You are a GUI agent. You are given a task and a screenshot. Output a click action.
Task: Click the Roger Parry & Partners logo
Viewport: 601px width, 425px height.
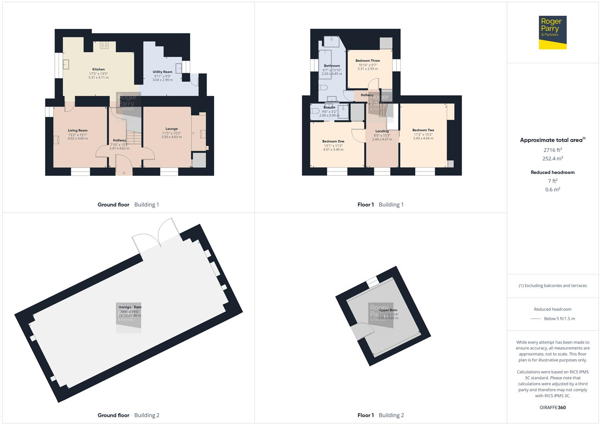click(552, 32)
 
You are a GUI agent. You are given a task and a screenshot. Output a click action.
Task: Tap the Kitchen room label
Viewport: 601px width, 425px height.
click(98, 69)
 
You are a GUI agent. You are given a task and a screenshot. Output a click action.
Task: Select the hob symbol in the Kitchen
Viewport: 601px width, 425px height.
click(104, 45)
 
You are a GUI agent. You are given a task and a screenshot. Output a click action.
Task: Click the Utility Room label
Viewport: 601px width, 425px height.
click(163, 72)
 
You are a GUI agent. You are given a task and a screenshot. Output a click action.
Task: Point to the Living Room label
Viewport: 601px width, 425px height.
click(78, 131)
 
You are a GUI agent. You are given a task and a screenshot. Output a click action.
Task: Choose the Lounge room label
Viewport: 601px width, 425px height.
click(172, 129)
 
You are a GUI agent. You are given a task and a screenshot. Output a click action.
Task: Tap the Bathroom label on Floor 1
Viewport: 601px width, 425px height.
click(332, 66)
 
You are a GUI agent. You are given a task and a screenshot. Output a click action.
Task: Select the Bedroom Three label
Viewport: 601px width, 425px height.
click(368, 61)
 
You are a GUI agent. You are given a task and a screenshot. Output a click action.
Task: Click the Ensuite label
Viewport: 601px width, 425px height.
click(329, 107)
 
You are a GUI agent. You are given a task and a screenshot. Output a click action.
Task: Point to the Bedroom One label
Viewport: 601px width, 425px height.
click(333, 141)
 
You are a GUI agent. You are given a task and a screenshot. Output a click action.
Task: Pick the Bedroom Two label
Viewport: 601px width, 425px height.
click(423, 130)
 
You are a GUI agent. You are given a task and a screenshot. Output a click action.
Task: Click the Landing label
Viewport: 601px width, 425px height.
click(382, 131)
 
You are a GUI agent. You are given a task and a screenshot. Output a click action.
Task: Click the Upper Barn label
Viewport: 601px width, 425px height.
click(388, 310)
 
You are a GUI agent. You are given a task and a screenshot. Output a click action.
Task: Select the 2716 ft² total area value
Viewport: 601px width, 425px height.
click(553, 150)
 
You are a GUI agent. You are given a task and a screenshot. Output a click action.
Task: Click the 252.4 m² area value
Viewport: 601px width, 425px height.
click(553, 159)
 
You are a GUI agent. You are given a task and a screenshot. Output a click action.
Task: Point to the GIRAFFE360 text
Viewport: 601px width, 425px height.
click(553, 407)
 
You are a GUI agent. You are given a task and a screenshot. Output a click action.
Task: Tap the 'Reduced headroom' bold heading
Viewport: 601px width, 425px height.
click(553, 172)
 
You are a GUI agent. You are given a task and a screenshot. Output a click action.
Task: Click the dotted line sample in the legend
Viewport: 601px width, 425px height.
click(536, 319)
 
